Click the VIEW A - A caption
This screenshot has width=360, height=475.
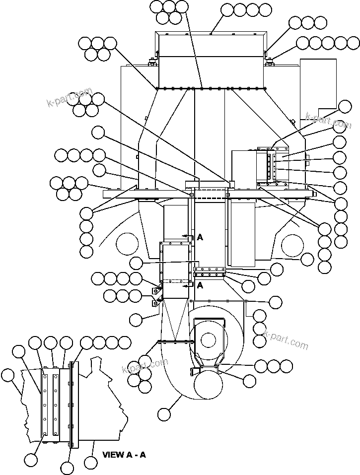pyautogui.click(x=124, y=454)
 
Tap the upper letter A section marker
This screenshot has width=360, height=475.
pyautogui.click(x=200, y=237)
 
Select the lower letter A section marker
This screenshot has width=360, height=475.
pyautogui.click(x=200, y=285)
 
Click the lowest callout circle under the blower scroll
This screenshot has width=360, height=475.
pyautogui.click(x=164, y=413)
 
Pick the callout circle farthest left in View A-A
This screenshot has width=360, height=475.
pyautogui.click(x=8, y=375)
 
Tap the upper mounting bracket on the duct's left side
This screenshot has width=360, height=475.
pyautogui.click(x=157, y=290)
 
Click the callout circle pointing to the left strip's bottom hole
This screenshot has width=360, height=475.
pyautogui.click(x=31, y=460)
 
